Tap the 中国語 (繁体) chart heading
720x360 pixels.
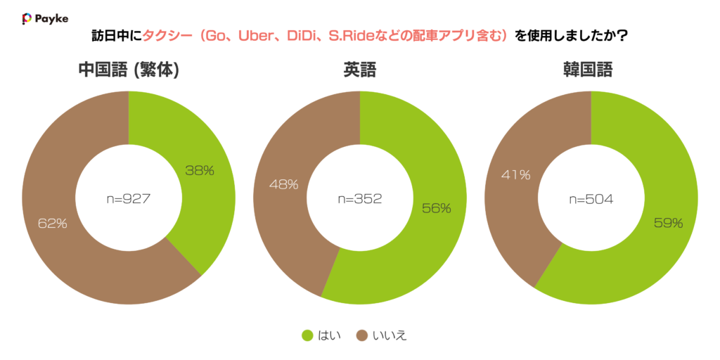pyautogui.click(x=129, y=70)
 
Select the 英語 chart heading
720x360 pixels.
pyautogui.click(x=359, y=70)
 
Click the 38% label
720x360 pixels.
pyautogui.click(x=200, y=170)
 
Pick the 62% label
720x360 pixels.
pyautogui.click(x=52, y=224)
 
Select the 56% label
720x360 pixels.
pyautogui.click(x=437, y=208)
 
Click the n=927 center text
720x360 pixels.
pyautogui.click(x=129, y=199)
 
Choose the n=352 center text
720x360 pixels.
pyautogui.click(x=359, y=199)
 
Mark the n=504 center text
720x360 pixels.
pyautogui.click(x=591, y=199)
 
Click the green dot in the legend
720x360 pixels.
pyautogui.click(x=307, y=335)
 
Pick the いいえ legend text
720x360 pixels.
pyautogui.click(x=389, y=335)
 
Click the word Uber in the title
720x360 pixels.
pyautogui.click(x=259, y=35)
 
